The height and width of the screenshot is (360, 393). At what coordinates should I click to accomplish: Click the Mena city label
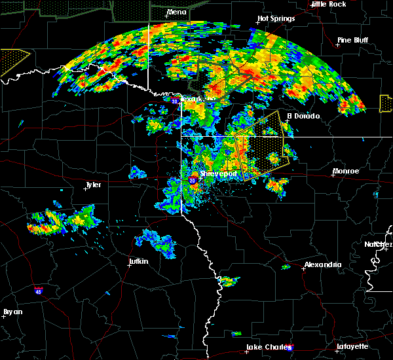176,12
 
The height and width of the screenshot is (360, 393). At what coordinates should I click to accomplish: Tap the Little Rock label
329,4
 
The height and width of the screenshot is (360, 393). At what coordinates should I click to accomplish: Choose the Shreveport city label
217,174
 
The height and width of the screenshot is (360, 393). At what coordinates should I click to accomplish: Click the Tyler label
93,185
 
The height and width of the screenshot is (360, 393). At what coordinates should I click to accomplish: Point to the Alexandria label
322,264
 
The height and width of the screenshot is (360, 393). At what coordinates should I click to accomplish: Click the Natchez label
379,244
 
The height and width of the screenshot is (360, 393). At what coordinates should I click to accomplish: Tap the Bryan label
12,312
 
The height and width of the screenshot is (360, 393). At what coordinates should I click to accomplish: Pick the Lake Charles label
266,347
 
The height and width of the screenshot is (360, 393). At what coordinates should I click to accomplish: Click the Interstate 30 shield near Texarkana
174,101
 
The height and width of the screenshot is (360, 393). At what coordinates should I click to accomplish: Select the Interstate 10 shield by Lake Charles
290,348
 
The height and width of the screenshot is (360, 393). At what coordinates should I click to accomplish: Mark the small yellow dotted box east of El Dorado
386,103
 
